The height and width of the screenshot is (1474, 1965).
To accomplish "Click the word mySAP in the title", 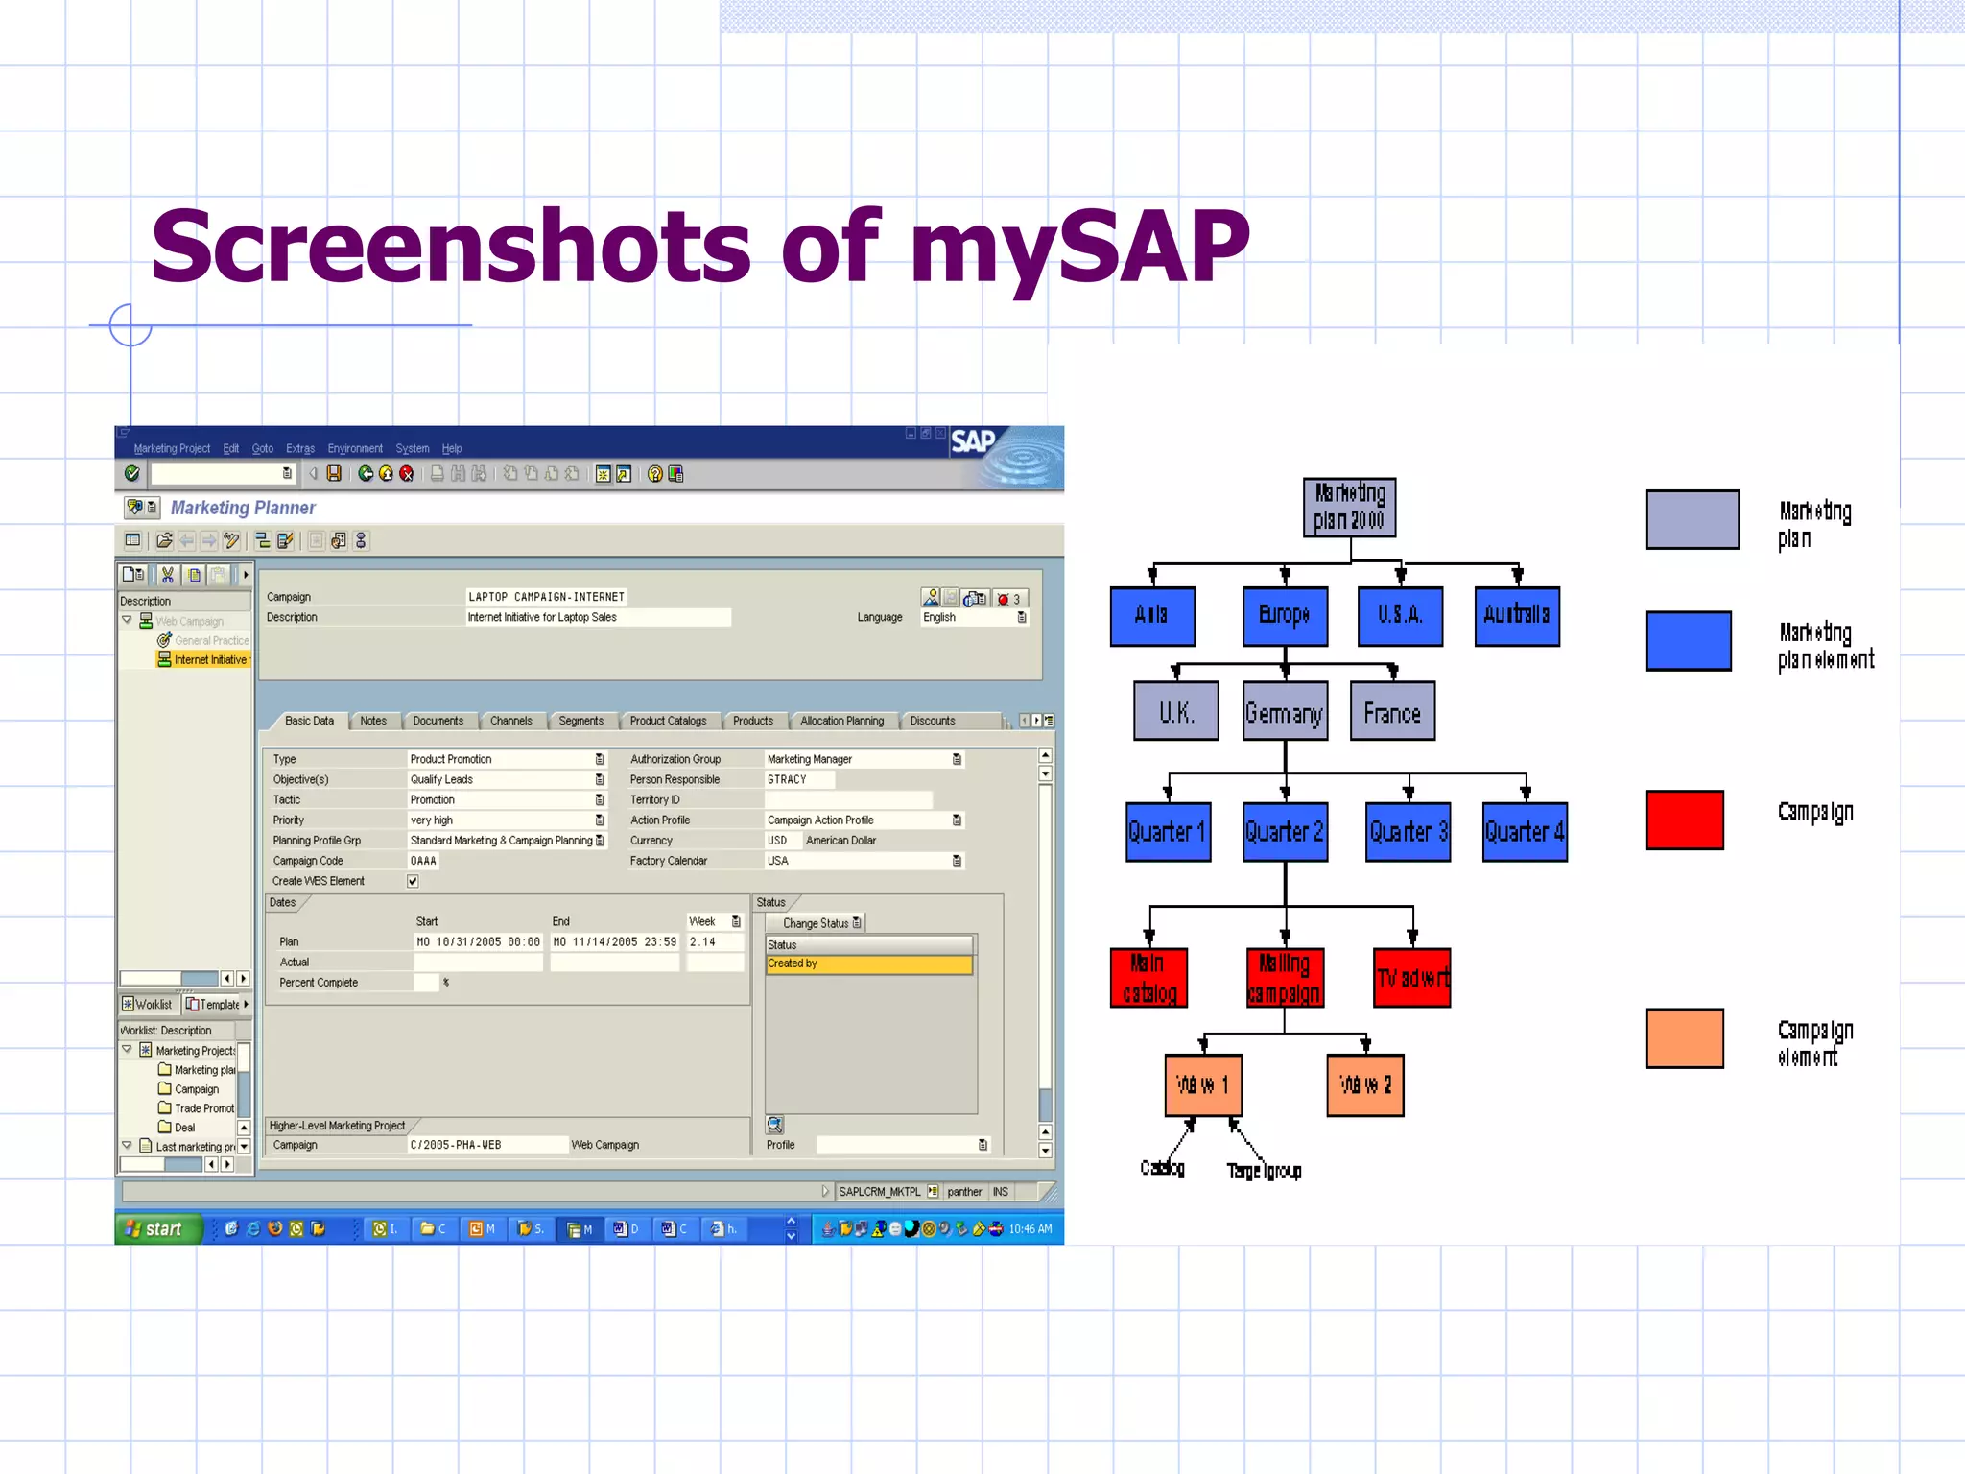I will click(1079, 248).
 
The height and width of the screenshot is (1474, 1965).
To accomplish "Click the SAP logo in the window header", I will click(973, 441).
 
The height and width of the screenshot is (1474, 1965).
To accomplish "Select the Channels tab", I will click(510, 721).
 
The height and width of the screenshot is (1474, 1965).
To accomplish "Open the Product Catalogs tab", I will click(668, 721).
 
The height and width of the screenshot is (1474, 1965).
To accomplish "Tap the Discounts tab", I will click(932, 721).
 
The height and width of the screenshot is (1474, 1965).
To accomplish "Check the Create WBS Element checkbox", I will click(413, 881).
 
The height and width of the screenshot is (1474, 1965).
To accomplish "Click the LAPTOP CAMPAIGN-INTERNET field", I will click(546, 597).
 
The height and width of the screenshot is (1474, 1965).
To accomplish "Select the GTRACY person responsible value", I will click(787, 779).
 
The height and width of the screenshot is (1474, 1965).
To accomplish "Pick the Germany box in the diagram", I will click(1284, 712).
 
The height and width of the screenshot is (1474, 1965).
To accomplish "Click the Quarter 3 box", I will click(1408, 832).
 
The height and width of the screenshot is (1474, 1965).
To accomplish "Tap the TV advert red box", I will click(1411, 978).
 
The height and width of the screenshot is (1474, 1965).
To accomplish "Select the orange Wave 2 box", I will click(1364, 1084).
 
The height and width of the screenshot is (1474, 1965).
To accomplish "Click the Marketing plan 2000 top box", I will click(1349, 507).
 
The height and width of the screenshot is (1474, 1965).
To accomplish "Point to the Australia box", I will click(1516, 615).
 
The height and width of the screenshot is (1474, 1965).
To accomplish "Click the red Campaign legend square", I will click(1685, 820).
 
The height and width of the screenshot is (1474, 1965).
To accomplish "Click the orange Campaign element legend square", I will click(1685, 1037).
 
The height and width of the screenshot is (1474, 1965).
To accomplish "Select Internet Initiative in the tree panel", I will click(209, 660).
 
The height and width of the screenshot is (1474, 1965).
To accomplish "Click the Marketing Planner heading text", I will click(243, 508).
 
